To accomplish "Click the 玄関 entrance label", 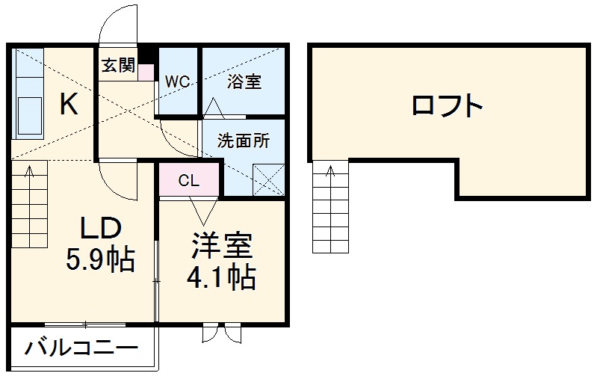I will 118,66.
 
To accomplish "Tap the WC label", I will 177,81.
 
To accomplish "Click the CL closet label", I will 188,180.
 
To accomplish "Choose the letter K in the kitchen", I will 69,105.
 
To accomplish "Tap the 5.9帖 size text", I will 101,259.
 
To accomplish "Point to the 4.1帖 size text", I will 221,278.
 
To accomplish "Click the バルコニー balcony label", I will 82,348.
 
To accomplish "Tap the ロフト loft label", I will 448,106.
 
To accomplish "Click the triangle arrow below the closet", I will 202,207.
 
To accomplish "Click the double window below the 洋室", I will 222,333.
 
